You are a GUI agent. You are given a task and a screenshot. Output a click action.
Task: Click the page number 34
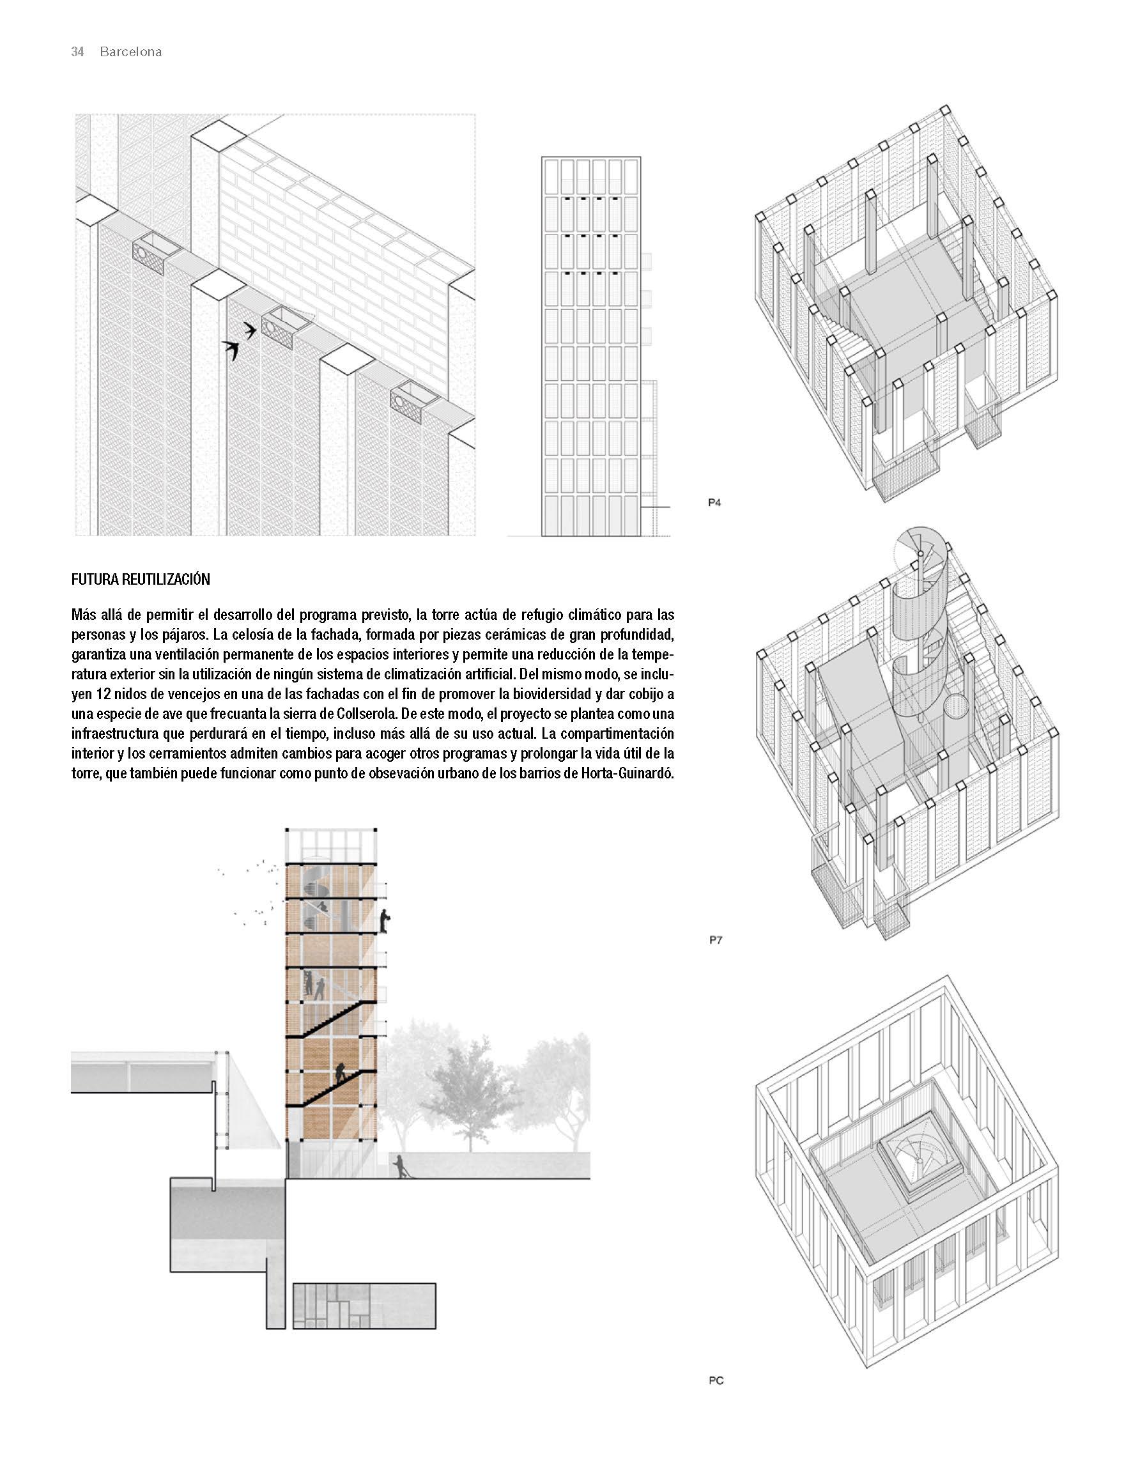pos(77,52)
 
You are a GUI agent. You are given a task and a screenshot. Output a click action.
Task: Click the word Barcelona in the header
pos(130,52)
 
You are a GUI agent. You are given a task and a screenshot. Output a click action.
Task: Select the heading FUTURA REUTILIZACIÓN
pos(141,580)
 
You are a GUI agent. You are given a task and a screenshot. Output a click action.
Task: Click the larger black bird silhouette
pos(232,350)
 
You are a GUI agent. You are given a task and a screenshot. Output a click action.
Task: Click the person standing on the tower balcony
pos(385,921)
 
